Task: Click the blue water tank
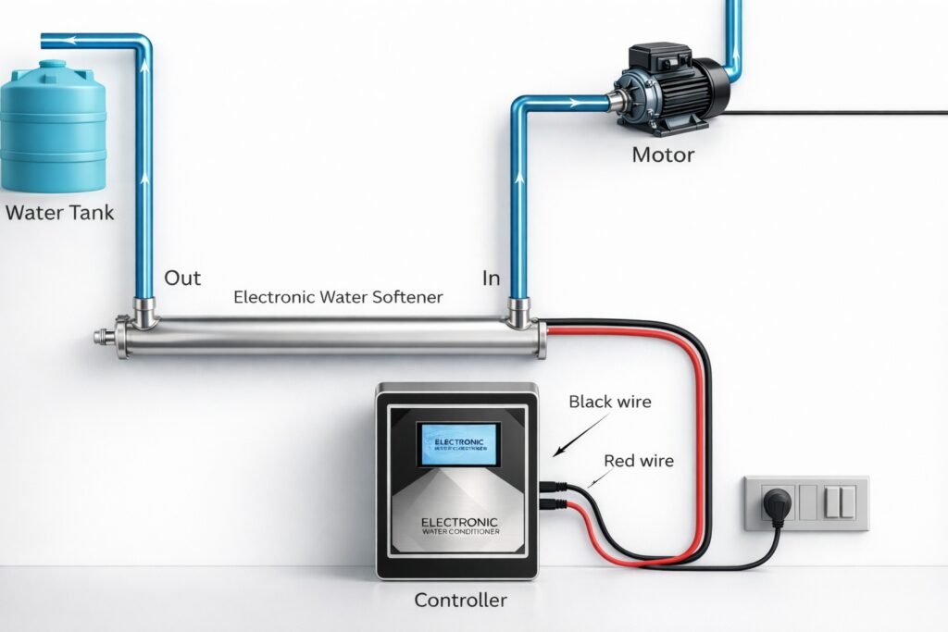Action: click(53, 130)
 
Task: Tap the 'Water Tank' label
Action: click(60, 213)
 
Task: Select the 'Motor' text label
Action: click(663, 155)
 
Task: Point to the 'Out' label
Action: click(182, 278)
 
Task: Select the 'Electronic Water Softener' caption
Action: click(338, 298)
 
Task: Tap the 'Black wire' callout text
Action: click(610, 402)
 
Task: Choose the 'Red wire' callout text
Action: click(639, 460)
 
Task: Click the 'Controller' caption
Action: click(460, 601)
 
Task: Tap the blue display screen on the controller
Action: click(458, 444)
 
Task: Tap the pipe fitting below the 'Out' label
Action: click(143, 312)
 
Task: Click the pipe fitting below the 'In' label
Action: click(518, 313)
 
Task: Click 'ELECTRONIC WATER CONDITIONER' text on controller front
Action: click(459, 527)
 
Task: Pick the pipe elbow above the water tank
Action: click(139, 43)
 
